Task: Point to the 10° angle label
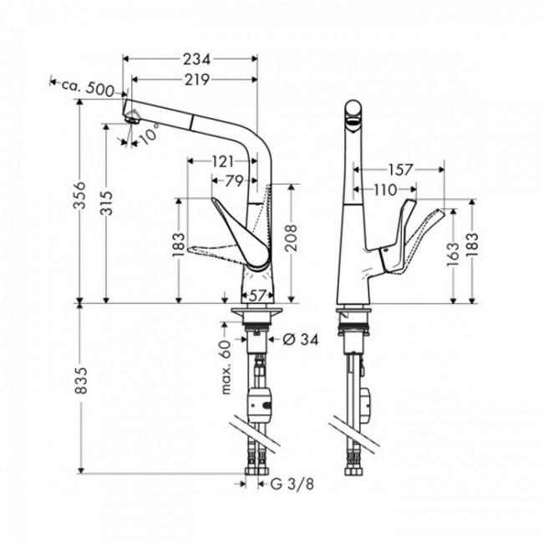149,134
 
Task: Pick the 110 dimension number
386,190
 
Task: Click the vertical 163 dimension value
453,251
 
